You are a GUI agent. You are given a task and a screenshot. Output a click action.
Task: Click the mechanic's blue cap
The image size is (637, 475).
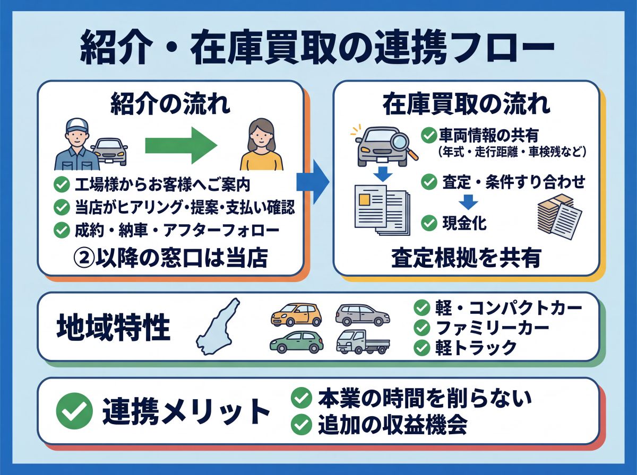tap(76, 126)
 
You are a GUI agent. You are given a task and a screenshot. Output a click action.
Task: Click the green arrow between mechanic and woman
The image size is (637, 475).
tap(180, 144)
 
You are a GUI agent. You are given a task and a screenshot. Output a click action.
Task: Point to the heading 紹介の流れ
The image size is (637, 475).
tap(170, 104)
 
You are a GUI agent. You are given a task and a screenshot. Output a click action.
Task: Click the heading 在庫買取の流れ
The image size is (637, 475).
tap(467, 104)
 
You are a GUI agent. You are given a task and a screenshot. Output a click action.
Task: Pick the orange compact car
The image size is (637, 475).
tap(296, 314)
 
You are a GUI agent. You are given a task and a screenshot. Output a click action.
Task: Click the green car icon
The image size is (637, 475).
tap(296, 342)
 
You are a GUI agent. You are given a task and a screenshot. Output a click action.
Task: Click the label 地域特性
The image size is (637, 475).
tap(113, 329)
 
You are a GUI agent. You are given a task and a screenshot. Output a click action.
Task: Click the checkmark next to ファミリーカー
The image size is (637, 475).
tap(422, 328)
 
